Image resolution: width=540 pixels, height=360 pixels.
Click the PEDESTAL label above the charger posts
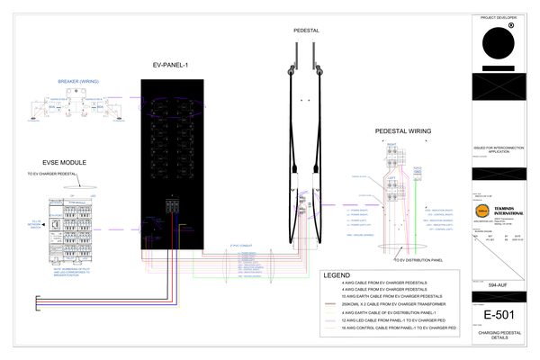(306, 30)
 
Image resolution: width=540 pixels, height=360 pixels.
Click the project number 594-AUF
(499, 283)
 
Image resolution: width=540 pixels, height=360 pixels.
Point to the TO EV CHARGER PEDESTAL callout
(59, 174)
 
